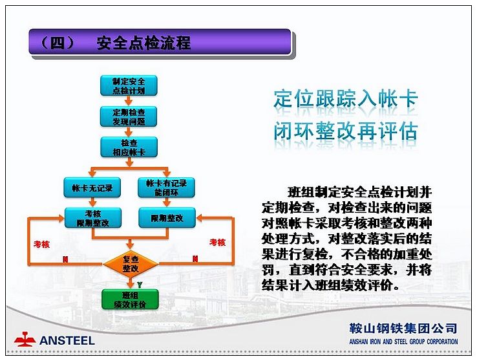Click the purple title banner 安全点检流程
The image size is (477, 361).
coord(160,42)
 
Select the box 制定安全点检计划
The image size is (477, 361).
coord(129,86)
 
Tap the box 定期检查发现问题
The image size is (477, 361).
coord(129,116)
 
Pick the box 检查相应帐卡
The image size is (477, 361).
coord(129,148)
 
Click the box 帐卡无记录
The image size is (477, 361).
coord(92,188)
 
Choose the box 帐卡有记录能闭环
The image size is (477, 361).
coord(166,188)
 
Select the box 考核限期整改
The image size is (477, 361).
coord(93,218)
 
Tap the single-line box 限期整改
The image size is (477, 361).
coord(167,218)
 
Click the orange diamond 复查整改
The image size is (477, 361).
coord(131,264)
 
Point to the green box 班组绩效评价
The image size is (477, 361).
coord(130,300)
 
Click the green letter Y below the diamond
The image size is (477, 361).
coord(140,285)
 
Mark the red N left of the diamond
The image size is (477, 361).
coord(65,259)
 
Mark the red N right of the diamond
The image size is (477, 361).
coord(195,259)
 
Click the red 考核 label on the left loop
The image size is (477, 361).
coord(41,244)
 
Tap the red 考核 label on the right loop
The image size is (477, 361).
coord(218,243)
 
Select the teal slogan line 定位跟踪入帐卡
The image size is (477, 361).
coord(346,98)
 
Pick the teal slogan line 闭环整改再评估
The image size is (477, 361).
coord(346,131)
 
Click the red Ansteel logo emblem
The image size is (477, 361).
coord(25,339)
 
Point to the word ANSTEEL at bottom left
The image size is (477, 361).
coord(67,340)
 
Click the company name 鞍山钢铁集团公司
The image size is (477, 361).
coord(403,329)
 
